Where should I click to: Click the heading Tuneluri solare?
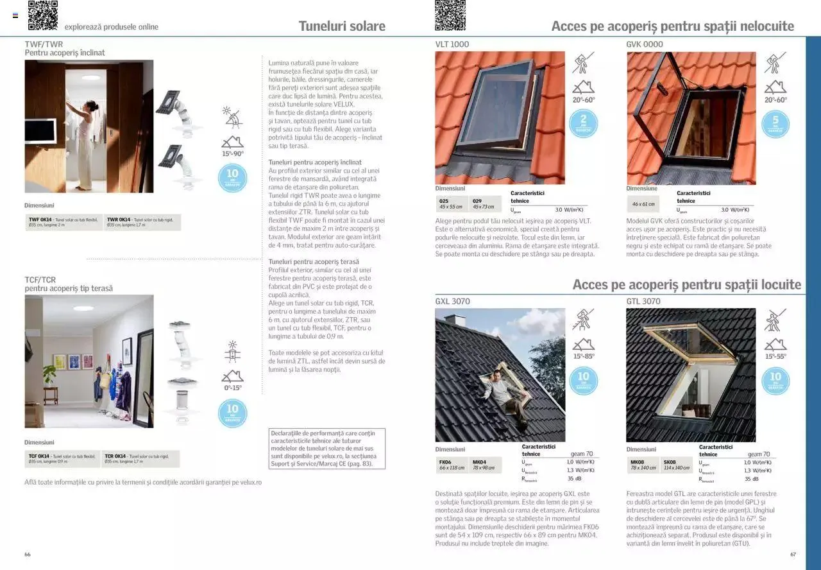click(342, 26)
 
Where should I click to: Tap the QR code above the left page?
click(42, 15)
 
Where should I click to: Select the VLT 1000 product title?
click(452, 44)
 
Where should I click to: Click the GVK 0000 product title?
click(645, 44)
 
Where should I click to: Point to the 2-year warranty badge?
click(583, 123)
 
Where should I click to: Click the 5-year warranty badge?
click(775, 123)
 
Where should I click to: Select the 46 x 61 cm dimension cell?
click(643, 204)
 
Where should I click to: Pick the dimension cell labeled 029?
click(484, 204)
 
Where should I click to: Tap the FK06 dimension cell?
click(452, 465)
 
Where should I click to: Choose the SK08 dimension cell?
click(676, 465)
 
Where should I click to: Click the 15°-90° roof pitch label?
click(233, 154)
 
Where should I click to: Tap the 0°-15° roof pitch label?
click(232, 388)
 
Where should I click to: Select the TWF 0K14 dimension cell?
click(63, 222)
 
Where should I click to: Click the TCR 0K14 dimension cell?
click(141, 459)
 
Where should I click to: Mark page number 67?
click(793, 554)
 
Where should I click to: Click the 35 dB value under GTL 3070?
click(752, 479)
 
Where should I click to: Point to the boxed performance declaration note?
click(327, 449)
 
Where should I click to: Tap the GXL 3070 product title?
click(453, 301)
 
